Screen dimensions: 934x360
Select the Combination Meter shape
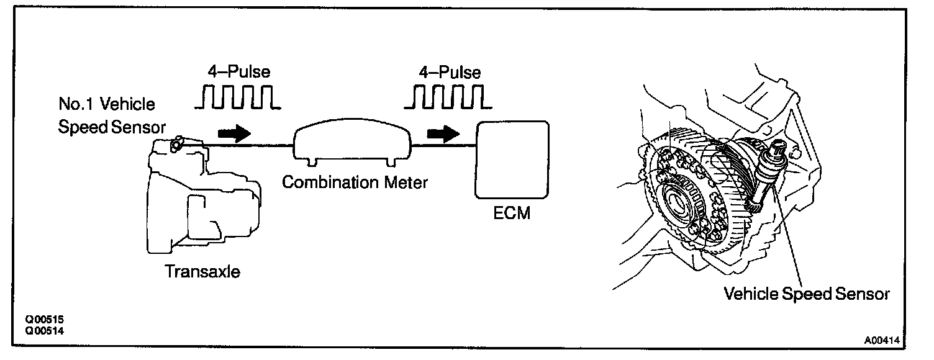click(x=352, y=142)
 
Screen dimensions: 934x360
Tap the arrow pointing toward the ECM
click(x=443, y=134)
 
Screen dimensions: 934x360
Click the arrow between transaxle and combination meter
click(x=234, y=133)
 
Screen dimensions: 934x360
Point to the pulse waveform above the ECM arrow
click(x=448, y=97)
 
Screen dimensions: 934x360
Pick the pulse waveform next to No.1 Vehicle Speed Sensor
click(x=238, y=97)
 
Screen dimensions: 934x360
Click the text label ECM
click(x=512, y=213)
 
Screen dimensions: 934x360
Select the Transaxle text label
click(x=202, y=271)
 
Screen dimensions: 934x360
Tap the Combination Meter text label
click(x=355, y=182)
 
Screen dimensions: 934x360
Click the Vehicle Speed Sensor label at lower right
click(x=807, y=294)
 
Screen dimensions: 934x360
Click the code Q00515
click(x=44, y=320)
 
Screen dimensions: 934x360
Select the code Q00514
click(x=44, y=331)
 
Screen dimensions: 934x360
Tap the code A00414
click(x=882, y=340)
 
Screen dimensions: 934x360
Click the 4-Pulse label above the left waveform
click(x=239, y=71)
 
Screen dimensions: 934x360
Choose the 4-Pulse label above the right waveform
click(x=450, y=72)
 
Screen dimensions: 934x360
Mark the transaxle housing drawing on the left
click(x=204, y=196)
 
